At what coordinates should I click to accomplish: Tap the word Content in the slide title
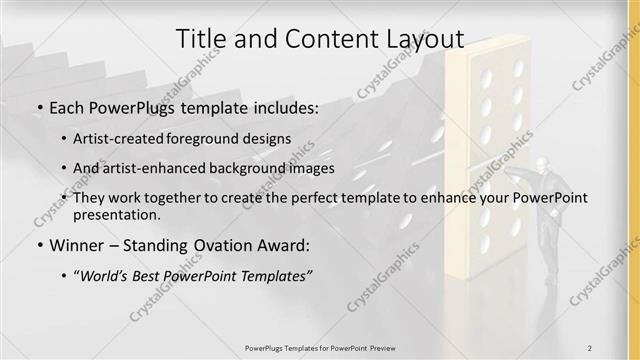(x=324, y=39)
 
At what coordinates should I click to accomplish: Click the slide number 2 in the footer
(x=590, y=347)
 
